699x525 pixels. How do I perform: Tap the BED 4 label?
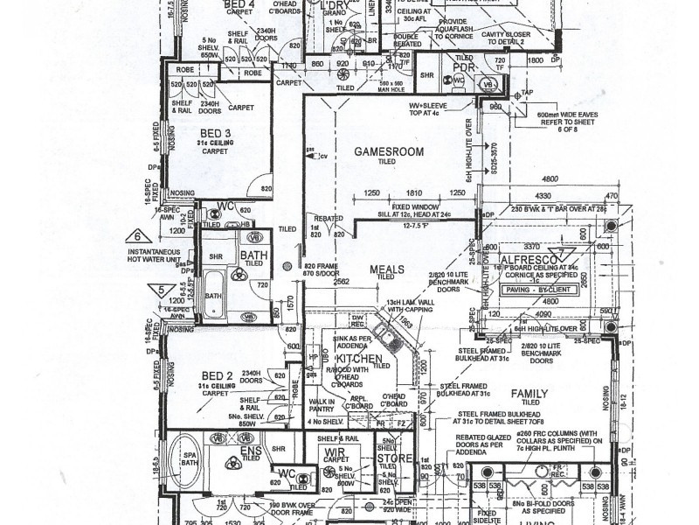(x=239, y=4)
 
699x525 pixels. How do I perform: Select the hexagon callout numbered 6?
(x=136, y=235)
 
